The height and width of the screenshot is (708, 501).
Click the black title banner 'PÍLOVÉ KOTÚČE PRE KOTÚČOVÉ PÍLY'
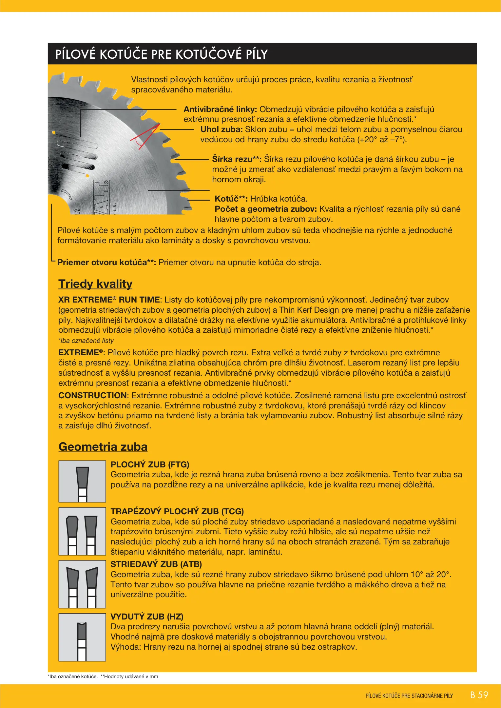tap(262, 54)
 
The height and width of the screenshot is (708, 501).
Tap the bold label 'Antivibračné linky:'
tap(220, 109)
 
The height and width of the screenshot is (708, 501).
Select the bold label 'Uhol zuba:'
tap(221, 129)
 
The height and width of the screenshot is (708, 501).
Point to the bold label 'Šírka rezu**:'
tap(237, 159)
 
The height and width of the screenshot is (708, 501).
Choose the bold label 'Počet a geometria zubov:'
tap(265, 209)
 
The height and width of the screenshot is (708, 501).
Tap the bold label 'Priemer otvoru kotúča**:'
tap(106, 263)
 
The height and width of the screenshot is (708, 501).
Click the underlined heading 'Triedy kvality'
tap(95, 284)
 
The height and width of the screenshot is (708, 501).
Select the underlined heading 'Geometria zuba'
tap(103, 447)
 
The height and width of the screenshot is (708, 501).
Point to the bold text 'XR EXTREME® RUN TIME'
tap(109, 300)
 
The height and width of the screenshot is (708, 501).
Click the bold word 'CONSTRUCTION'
tap(92, 396)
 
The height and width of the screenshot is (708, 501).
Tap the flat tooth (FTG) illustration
tap(82, 482)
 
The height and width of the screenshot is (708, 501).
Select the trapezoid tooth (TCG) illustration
tap(82, 531)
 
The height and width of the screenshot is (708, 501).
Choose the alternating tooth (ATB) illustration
tap(82, 584)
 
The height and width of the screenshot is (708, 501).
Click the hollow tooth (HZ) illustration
tap(82, 638)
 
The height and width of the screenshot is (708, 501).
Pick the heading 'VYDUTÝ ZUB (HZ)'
tap(147, 617)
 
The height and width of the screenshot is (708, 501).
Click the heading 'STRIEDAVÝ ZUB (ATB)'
tap(156, 564)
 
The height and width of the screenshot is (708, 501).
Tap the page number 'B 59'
tap(479, 695)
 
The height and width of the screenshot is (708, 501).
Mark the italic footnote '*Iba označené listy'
tap(86, 341)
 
